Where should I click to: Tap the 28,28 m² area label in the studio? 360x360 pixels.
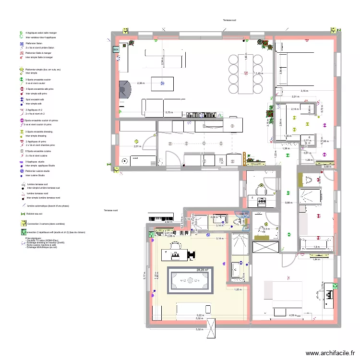click(202, 270)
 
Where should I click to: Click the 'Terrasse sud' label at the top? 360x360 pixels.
click(229, 21)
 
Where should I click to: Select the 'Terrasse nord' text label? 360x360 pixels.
click(111, 211)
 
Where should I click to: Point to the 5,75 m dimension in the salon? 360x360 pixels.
click(169, 112)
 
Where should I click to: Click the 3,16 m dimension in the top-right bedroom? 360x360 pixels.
click(304, 91)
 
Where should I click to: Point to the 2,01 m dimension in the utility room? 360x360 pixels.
click(137, 146)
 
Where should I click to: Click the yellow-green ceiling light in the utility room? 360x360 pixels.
click(136, 141)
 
